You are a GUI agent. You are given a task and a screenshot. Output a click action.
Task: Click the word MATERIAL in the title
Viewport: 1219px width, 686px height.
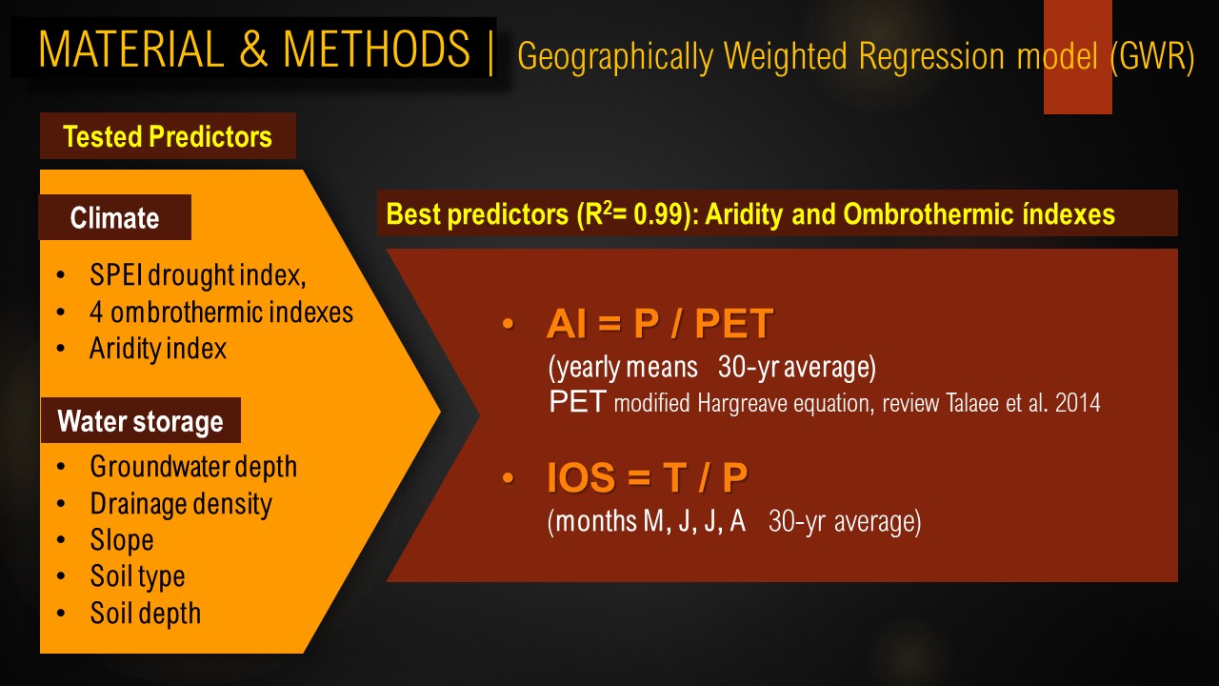click(131, 49)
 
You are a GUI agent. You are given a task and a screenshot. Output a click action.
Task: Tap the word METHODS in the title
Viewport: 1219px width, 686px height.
click(376, 49)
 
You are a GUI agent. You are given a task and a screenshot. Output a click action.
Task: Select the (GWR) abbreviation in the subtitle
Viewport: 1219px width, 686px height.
click(1152, 56)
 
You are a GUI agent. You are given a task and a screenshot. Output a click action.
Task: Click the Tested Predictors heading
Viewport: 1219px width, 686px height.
click(168, 136)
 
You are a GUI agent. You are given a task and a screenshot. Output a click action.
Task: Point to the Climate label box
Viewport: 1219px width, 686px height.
click(115, 217)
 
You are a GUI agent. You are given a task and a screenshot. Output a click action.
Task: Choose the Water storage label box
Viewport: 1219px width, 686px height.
click(140, 420)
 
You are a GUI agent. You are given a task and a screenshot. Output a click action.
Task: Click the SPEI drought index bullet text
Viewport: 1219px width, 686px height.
click(197, 275)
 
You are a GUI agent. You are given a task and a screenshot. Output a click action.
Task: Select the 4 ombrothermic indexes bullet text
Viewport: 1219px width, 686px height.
click(222, 312)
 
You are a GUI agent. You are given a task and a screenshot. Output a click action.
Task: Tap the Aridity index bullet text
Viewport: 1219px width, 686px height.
click(158, 349)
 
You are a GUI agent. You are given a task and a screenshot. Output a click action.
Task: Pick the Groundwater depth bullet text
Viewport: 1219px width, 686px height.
click(193, 467)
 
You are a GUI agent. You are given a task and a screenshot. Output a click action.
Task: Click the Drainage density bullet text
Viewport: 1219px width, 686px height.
click(181, 504)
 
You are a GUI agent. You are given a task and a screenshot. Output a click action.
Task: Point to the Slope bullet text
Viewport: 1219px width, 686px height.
click(122, 540)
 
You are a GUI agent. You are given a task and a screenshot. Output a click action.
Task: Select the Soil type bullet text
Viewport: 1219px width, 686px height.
click(137, 577)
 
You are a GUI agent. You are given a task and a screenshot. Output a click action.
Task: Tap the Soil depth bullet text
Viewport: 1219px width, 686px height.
click(146, 614)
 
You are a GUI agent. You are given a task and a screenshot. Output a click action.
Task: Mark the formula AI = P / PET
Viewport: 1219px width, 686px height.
click(660, 323)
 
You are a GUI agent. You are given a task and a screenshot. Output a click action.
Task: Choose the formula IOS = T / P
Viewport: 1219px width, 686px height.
click(647, 477)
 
